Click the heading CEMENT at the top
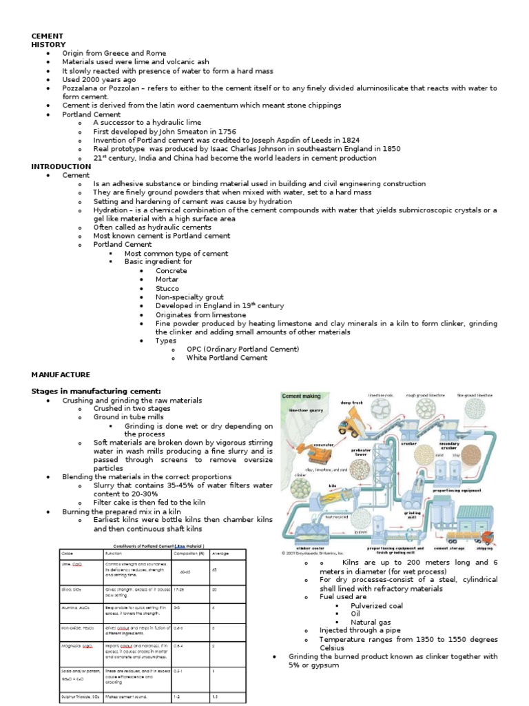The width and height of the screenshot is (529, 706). tap(48, 36)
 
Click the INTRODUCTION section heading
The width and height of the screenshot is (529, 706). tap(61, 166)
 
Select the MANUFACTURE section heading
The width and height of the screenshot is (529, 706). tap(61, 374)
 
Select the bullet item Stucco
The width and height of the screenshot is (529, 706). tap(167, 288)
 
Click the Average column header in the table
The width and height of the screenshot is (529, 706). tap(220, 554)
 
